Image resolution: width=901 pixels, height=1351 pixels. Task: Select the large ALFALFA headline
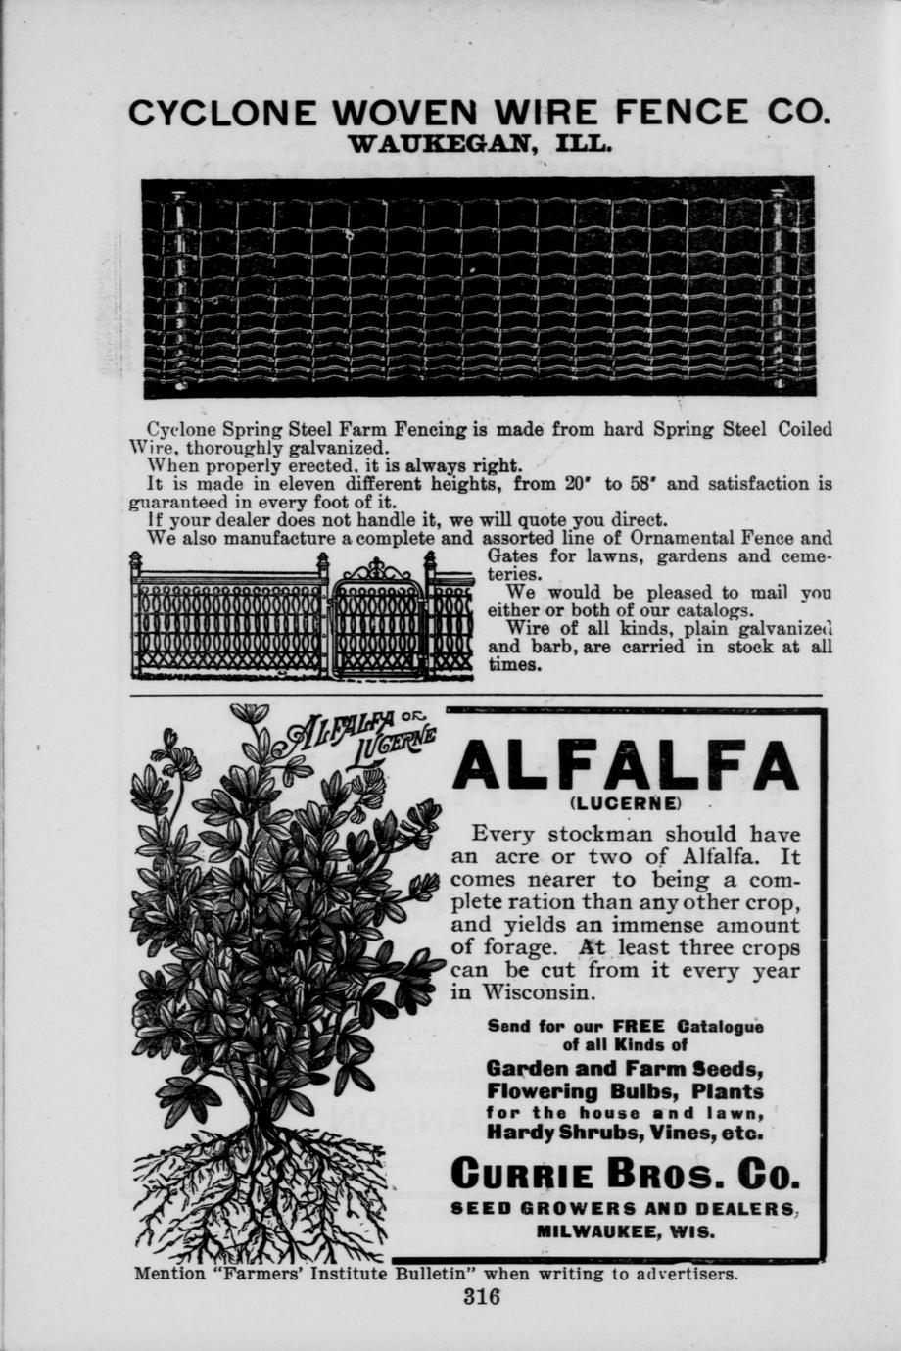[x=626, y=766]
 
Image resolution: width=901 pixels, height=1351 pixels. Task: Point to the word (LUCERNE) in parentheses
[x=625, y=803]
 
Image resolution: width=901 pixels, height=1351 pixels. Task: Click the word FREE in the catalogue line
[x=639, y=1027]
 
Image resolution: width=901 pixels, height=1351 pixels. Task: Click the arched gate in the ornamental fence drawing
[x=377, y=619]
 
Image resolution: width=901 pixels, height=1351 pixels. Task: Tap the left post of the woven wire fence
[x=179, y=289]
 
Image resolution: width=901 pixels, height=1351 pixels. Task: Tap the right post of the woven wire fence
[x=778, y=289]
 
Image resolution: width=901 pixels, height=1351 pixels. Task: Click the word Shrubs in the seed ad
[x=596, y=1133]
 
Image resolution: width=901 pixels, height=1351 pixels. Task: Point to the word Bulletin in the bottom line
[x=434, y=1275]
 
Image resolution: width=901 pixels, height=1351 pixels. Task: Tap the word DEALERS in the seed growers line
[x=744, y=1210]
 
